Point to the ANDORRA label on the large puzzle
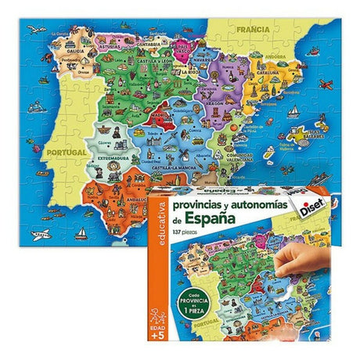273,56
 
